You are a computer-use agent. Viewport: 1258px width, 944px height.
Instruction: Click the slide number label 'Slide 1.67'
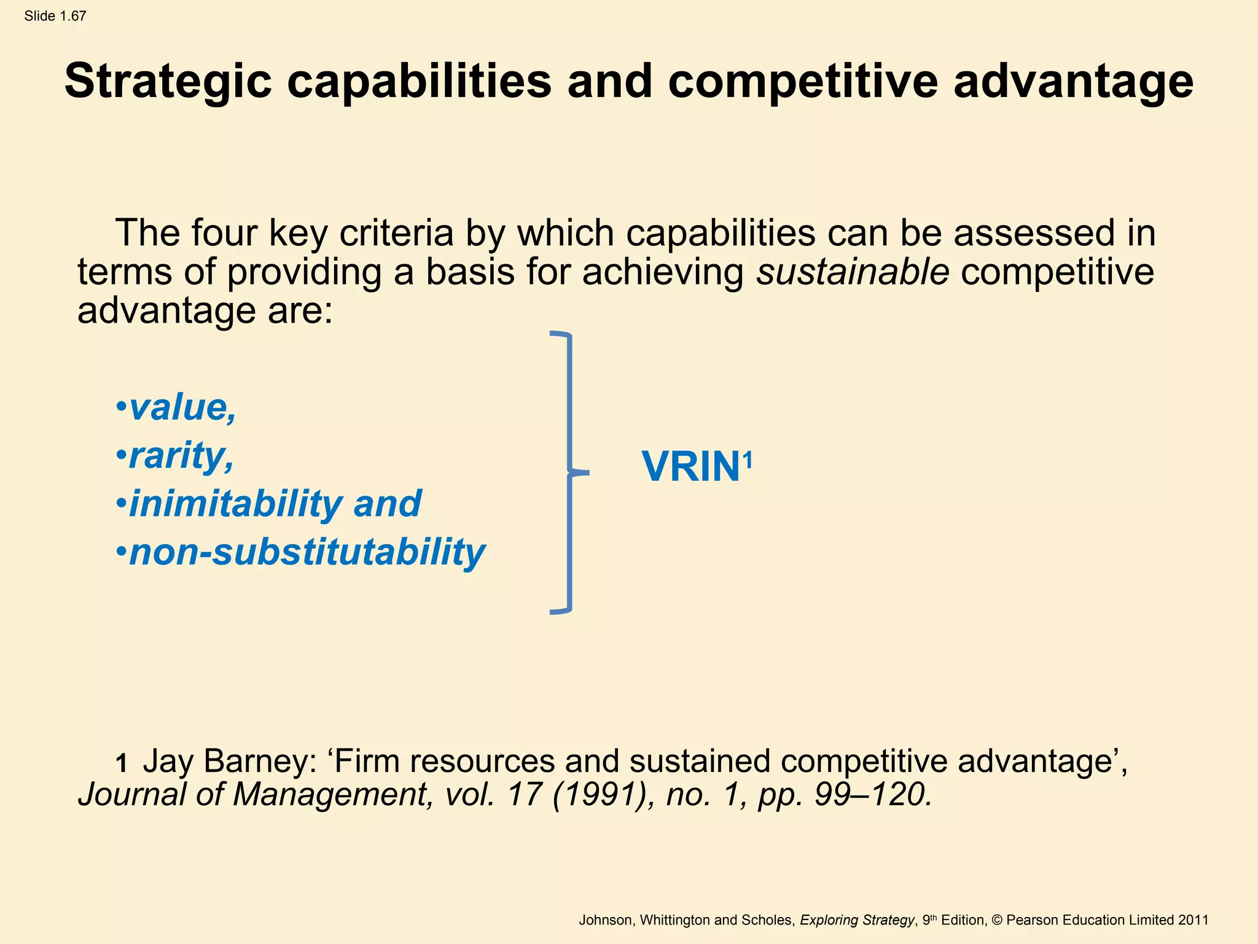click(x=55, y=17)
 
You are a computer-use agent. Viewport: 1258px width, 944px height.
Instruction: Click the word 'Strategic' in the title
click(x=168, y=82)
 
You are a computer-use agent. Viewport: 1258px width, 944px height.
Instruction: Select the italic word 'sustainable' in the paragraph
click(x=853, y=272)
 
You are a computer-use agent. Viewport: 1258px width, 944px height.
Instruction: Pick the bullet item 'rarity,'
click(x=181, y=457)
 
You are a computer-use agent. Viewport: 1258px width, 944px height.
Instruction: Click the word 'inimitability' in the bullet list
click(x=235, y=504)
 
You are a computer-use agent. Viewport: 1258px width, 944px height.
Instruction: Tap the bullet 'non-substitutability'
click(x=307, y=552)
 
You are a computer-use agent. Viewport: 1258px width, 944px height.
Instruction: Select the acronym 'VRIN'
click(x=690, y=467)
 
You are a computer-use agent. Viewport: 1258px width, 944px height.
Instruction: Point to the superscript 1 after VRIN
click(x=747, y=458)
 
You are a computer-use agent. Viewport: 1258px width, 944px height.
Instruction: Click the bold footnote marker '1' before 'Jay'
click(x=122, y=764)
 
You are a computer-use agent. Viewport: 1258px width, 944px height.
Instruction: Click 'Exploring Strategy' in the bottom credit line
click(x=857, y=920)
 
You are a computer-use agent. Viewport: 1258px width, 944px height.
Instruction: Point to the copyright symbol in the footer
click(x=997, y=920)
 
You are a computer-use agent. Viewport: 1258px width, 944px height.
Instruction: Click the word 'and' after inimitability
click(x=388, y=504)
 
